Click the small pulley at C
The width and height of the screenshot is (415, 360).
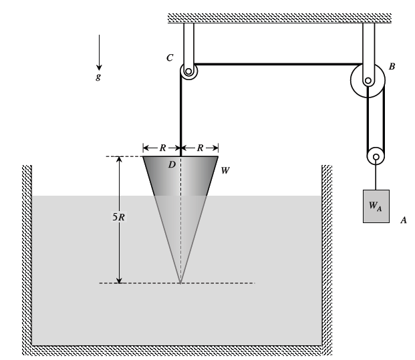coord(188,71)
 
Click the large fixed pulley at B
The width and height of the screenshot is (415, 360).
coord(368,81)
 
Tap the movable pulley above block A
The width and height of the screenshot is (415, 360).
coord(376,158)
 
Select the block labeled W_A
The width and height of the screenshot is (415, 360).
coord(376,206)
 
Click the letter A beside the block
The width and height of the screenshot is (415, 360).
coord(403,219)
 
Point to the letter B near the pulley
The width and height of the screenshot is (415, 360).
coord(392,67)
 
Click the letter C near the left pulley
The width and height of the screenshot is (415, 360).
coord(170,59)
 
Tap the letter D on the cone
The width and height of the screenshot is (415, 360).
coord(171,164)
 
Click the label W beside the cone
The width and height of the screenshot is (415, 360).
coord(225,171)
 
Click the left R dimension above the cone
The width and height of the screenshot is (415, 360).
coord(162,148)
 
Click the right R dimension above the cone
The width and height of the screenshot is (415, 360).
coord(199,148)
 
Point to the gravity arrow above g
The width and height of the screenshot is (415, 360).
coord(99,50)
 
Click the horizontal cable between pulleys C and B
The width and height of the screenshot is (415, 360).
coord(274,65)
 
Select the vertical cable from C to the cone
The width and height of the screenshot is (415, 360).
coord(180,114)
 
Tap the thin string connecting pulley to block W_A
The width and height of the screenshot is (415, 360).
coord(376,177)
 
